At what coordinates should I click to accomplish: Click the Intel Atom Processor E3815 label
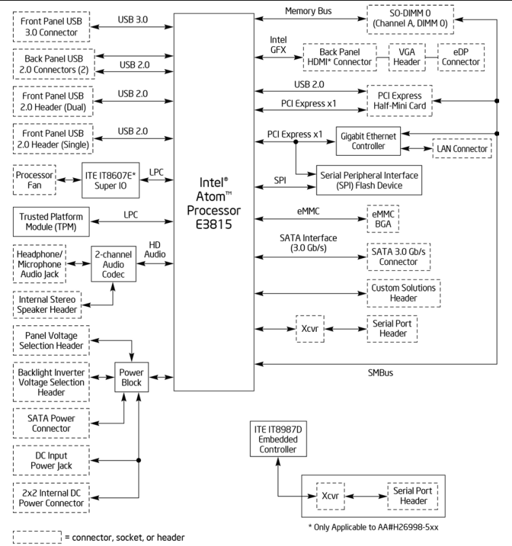click(214, 203)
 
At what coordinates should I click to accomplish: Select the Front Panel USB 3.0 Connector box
click(52, 27)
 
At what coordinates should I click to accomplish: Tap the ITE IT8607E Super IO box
click(111, 180)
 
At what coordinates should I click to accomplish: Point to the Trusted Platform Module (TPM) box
click(52, 222)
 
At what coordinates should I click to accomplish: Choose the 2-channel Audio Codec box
click(113, 264)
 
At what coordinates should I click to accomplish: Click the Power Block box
click(132, 377)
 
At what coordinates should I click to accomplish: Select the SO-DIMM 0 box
click(410, 20)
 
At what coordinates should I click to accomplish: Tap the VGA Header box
click(407, 57)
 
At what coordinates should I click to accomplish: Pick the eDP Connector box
click(460, 57)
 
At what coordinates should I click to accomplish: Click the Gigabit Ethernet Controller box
click(368, 141)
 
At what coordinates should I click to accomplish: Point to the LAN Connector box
click(462, 148)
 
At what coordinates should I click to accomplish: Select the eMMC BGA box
click(382, 219)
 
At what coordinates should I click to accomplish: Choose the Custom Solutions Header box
click(403, 293)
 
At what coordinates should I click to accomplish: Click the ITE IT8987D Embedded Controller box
click(278, 439)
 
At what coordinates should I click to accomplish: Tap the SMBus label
click(380, 373)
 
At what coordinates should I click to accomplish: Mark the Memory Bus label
click(308, 11)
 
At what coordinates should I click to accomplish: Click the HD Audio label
click(155, 250)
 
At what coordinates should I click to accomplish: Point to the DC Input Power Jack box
click(52, 461)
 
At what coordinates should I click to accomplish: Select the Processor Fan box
click(34, 180)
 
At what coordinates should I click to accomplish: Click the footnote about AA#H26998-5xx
click(373, 527)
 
